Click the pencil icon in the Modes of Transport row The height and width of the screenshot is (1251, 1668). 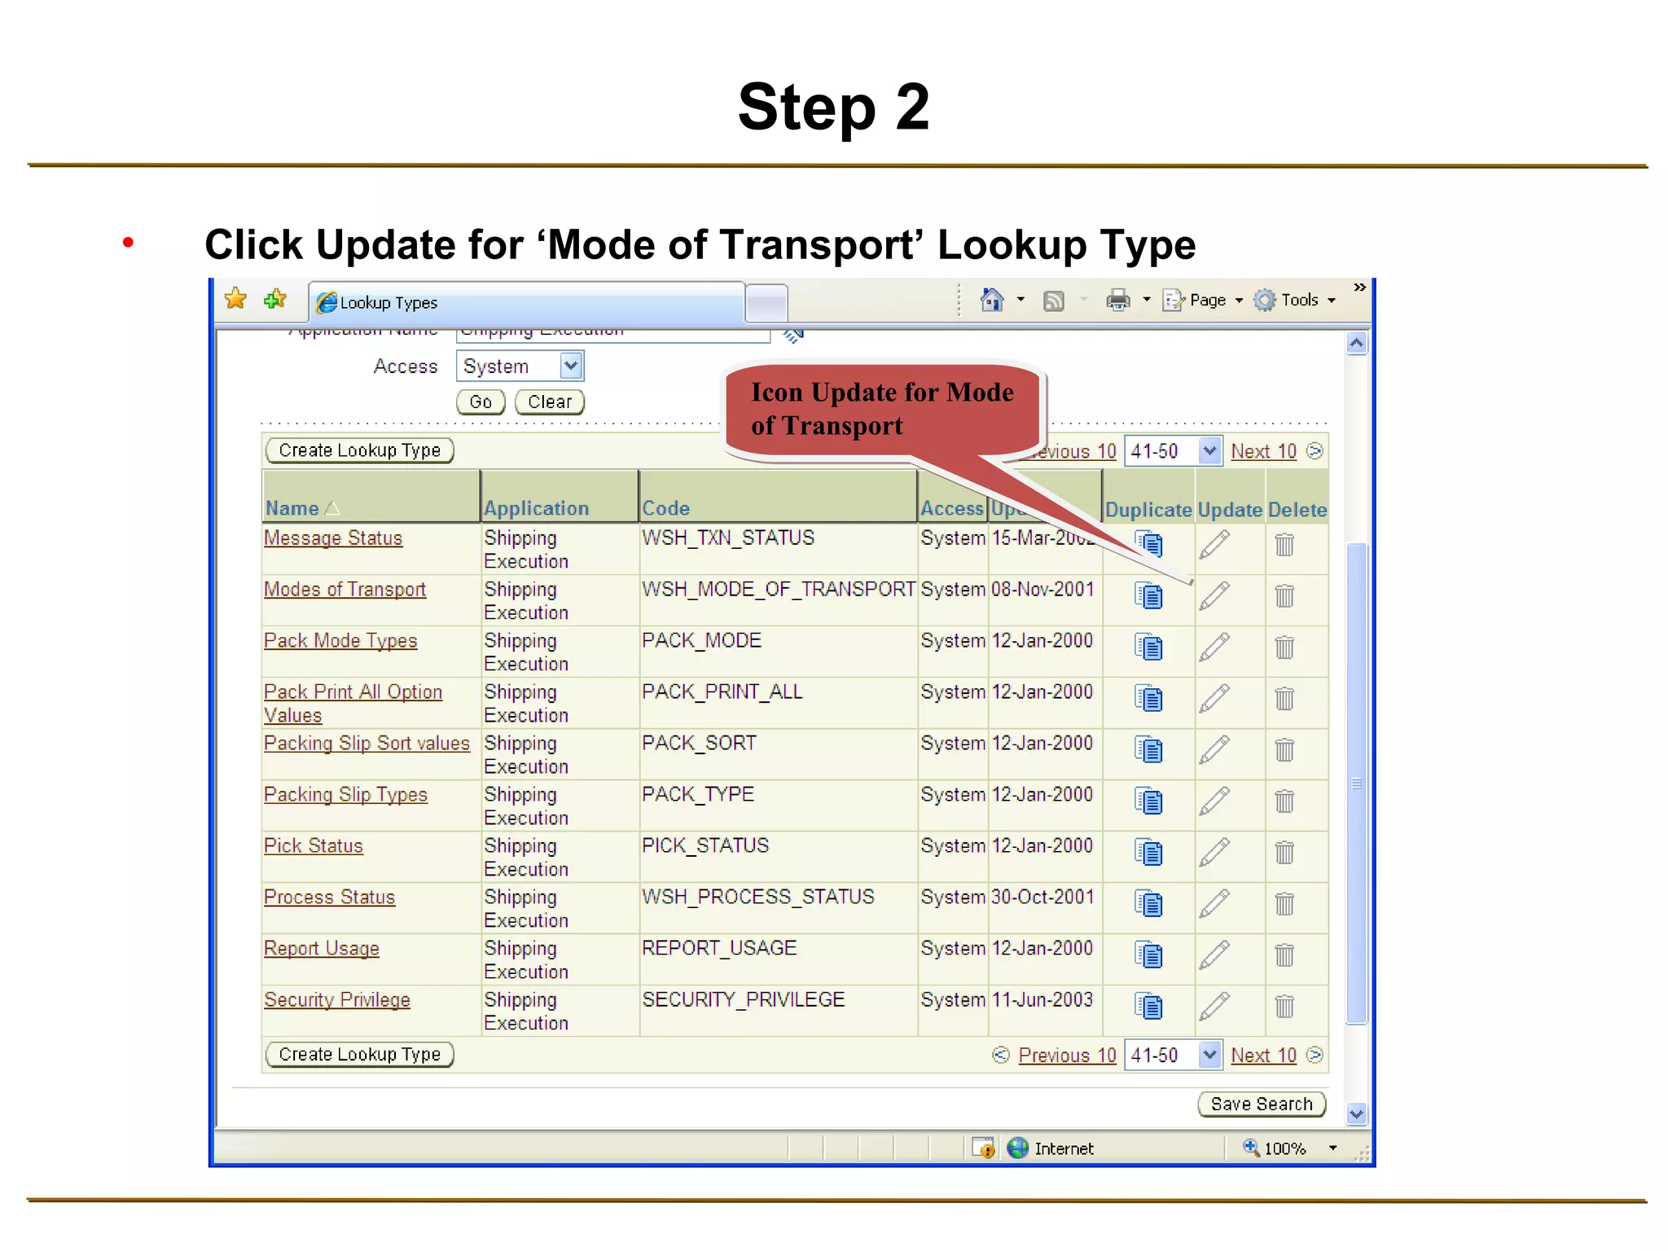click(1214, 595)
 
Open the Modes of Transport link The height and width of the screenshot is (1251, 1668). click(345, 590)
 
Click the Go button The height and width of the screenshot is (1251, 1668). click(481, 402)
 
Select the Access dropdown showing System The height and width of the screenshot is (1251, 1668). click(520, 367)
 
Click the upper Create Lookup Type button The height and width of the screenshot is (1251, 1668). click(359, 450)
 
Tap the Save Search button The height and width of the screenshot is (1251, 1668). click(1262, 1104)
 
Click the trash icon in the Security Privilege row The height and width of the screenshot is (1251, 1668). click(1284, 1007)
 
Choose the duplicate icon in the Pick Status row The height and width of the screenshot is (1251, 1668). click(1148, 853)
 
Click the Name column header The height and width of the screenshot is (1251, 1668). click(292, 509)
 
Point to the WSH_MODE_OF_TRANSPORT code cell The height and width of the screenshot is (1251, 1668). click(778, 590)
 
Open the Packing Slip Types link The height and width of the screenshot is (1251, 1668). click(345, 795)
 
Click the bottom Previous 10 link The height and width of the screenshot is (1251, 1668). click(1067, 1056)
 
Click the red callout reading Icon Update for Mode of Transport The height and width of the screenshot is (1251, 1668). click(882, 410)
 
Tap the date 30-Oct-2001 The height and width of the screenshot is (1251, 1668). click(1042, 898)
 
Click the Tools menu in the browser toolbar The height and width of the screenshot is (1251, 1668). click(1299, 301)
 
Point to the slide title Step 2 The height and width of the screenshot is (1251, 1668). click(833, 107)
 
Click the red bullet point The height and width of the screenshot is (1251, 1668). click(128, 243)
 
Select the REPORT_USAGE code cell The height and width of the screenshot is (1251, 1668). click(719, 949)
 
